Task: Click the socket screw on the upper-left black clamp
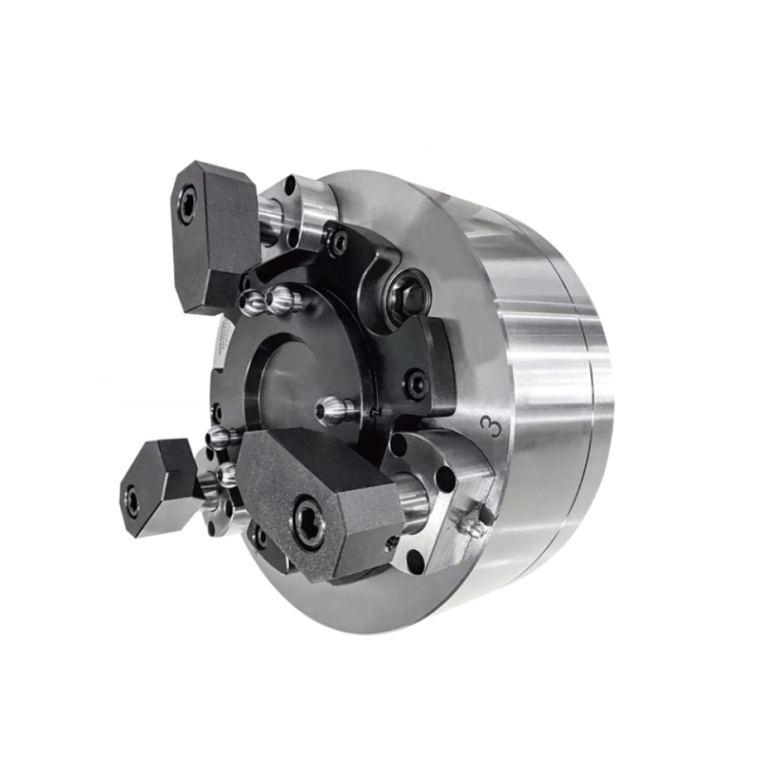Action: tap(187, 203)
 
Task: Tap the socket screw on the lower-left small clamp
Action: tap(132, 499)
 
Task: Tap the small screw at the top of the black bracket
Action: tap(338, 244)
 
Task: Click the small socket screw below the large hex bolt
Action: tap(416, 385)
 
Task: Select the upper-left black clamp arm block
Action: tap(214, 233)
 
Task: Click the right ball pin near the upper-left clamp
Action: tap(284, 302)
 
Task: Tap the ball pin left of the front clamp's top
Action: tap(221, 439)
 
